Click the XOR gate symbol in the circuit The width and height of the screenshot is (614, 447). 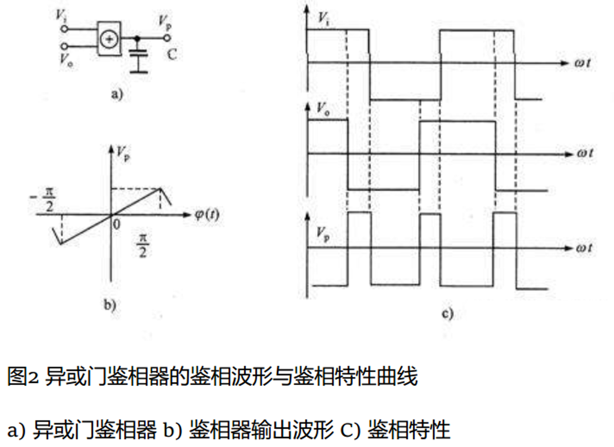click(109, 39)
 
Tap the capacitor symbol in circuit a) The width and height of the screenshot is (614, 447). click(138, 55)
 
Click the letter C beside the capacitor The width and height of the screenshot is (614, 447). click(172, 54)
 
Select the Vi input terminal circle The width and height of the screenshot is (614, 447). click(63, 29)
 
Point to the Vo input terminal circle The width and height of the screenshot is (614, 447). click(63, 47)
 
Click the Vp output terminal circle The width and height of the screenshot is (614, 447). click(167, 38)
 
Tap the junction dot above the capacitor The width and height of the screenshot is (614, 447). click(137, 39)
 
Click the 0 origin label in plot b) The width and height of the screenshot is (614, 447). click(116, 224)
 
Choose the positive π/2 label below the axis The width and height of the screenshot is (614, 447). click(142, 246)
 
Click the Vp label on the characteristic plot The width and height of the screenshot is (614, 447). click(123, 153)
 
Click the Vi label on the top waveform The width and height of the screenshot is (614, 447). click(323, 18)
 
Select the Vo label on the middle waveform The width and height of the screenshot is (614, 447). click(323, 108)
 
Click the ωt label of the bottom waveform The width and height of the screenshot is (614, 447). click(584, 248)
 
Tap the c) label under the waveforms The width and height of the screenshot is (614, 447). click(447, 313)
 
